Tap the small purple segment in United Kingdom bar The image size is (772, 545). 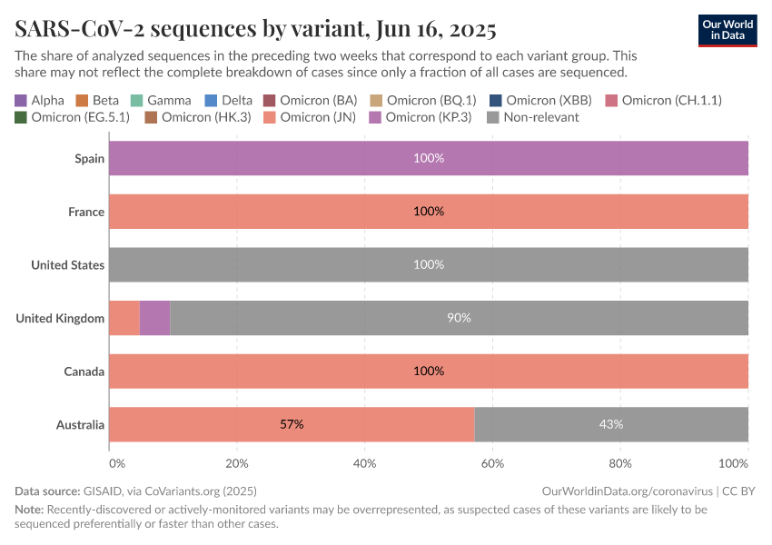(x=154, y=318)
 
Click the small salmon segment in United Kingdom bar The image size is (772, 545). (x=124, y=318)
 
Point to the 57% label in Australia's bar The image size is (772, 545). (x=292, y=424)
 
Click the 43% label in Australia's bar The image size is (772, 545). (x=610, y=424)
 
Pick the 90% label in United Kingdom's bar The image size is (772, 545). (x=459, y=318)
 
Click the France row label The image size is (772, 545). (x=86, y=212)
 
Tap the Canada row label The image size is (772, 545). (x=84, y=372)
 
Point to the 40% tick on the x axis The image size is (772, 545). (x=364, y=463)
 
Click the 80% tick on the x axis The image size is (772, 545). (x=620, y=463)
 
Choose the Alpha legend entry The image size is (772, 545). (x=40, y=100)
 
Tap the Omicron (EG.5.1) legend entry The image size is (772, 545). (x=72, y=117)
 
